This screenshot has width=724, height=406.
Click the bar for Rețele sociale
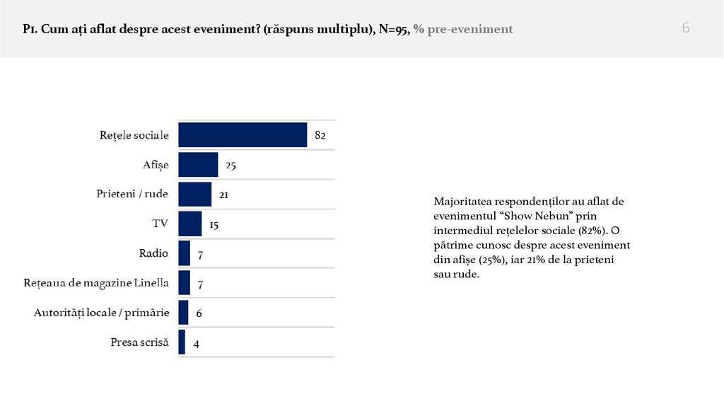243,135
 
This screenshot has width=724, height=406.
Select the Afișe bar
198,165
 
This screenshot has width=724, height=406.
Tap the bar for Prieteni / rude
195,194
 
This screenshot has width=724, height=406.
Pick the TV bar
190,224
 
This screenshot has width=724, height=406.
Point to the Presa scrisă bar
182,342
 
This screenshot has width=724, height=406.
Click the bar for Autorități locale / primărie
183,313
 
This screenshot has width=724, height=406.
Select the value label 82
320,135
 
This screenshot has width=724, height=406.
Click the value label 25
230,165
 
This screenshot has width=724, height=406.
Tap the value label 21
223,195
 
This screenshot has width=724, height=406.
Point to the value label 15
214,224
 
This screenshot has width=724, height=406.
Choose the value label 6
199,313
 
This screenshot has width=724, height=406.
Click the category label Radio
153,253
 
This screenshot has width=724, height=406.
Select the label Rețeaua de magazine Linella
96,283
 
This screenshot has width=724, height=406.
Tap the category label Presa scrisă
139,342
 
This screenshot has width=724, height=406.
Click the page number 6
686,28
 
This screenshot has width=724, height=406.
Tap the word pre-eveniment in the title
471,30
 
